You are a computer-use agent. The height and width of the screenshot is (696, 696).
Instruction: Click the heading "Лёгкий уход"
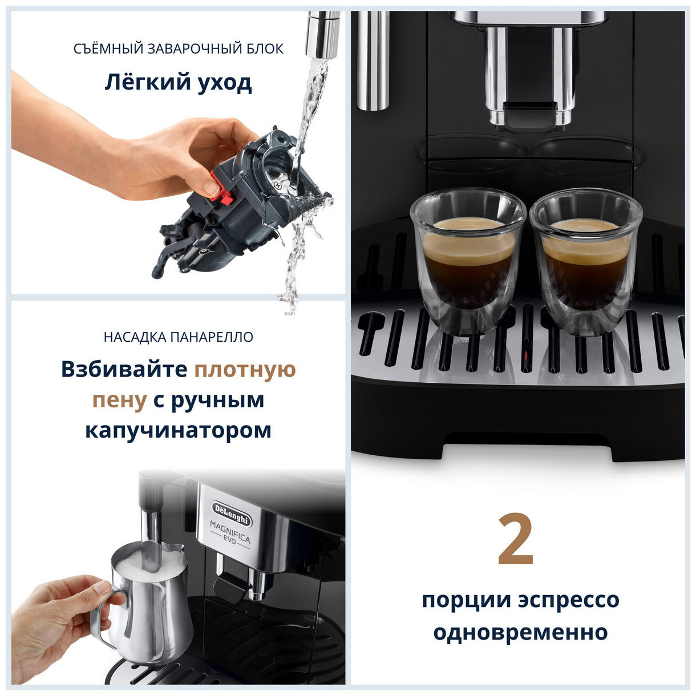(x=177, y=83)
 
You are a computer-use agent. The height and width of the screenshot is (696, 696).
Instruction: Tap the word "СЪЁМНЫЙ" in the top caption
(x=108, y=49)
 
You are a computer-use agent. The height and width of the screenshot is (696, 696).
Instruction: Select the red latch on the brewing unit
(x=222, y=187)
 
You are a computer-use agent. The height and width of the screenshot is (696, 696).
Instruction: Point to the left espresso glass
(x=468, y=260)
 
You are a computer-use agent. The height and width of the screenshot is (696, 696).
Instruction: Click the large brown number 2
(x=515, y=540)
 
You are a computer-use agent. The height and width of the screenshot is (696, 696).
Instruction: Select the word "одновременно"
(x=520, y=632)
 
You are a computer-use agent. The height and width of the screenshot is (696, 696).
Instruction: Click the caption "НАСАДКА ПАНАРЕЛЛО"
(x=178, y=337)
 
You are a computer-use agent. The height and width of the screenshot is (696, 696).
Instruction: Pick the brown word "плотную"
(x=245, y=369)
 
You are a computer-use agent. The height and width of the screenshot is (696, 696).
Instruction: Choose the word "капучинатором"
(x=178, y=430)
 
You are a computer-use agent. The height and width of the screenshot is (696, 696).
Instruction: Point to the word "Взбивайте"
(x=124, y=369)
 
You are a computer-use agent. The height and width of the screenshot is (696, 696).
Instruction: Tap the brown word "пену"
(x=119, y=400)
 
